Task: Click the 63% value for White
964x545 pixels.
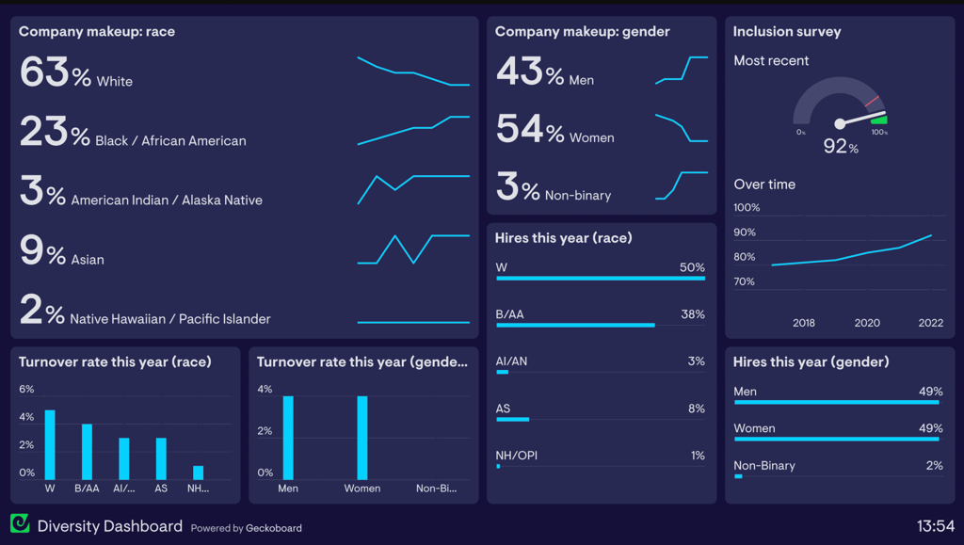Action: pyautogui.click(x=55, y=72)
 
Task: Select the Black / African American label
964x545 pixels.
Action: pyautogui.click(x=170, y=141)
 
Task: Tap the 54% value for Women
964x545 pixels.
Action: pyautogui.click(x=529, y=130)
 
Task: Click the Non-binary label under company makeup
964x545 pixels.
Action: pyautogui.click(x=578, y=196)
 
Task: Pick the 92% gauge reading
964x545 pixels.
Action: pyautogui.click(x=840, y=146)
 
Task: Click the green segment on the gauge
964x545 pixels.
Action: pyautogui.click(x=879, y=120)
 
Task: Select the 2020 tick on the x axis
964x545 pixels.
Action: pyautogui.click(x=867, y=323)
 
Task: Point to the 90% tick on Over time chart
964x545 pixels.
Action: pyautogui.click(x=745, y=232)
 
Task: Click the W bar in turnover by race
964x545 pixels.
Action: pyautogui.click(x=50, y=445)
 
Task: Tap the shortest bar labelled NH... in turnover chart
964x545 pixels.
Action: pyautogui.click(x=198, y=473)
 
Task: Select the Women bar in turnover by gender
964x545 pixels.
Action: pyautogui.click(x=362, y=438)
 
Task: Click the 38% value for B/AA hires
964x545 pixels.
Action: pyautogui.click(x=693, y=314)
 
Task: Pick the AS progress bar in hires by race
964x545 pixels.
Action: pyautogui.click(x=513, y=419)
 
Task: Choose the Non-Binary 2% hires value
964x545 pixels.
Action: pyautogui.click(x=933, y=466)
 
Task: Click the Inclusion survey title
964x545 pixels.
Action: pyautogui.click(x=787, y=31)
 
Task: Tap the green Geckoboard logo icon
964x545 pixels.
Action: pyautogui.click(x=20, y=524)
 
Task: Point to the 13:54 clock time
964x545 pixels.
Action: pyautogui.click(x=936, y=526)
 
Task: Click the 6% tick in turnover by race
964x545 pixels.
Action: pyautogui.click(x=26, y=390)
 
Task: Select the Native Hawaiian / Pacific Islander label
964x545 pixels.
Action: pyautogui.click(x=170, y=319)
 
